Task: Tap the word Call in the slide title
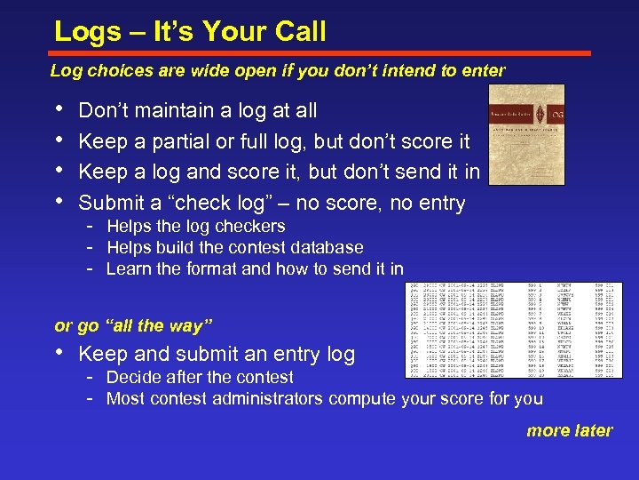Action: (x=295, y=32)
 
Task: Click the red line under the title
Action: (x=319, y=53)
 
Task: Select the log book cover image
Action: (x=527, y=134)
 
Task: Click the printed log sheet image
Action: (x=514, y=330)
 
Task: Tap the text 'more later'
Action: (x=569, y=431)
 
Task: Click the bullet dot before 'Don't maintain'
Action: (x=59, y=110)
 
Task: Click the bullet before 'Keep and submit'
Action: (x=59, y=354)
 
